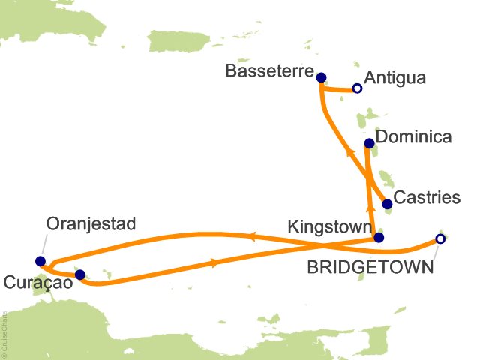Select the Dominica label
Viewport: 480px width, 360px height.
click(x=413, y=137)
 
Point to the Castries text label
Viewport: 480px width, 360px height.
click(x=427, y=199)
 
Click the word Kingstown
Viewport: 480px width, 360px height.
click(x=328, y=225)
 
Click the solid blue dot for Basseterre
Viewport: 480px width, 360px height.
click(x=321, y=77)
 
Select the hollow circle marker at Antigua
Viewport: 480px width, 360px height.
click(x=357, y=88)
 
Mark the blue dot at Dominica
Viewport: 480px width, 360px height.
click(x=369, y=143)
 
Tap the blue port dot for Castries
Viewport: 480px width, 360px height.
click(x=387, y=204)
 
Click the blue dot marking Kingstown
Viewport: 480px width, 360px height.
click(x=378, y=238)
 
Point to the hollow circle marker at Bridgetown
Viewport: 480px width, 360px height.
click(x=440, y=239)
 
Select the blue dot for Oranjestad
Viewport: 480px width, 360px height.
click(x=40, y=261)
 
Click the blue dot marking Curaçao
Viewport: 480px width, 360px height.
click(x=80, y=274)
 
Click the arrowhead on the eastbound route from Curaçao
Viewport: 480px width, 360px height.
click(x=216, y=263)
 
